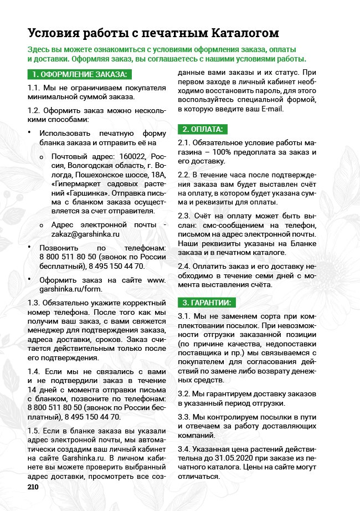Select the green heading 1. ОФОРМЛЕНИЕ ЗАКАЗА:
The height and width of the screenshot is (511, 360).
(79, 74)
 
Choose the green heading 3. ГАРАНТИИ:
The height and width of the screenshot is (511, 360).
(207, 302)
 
